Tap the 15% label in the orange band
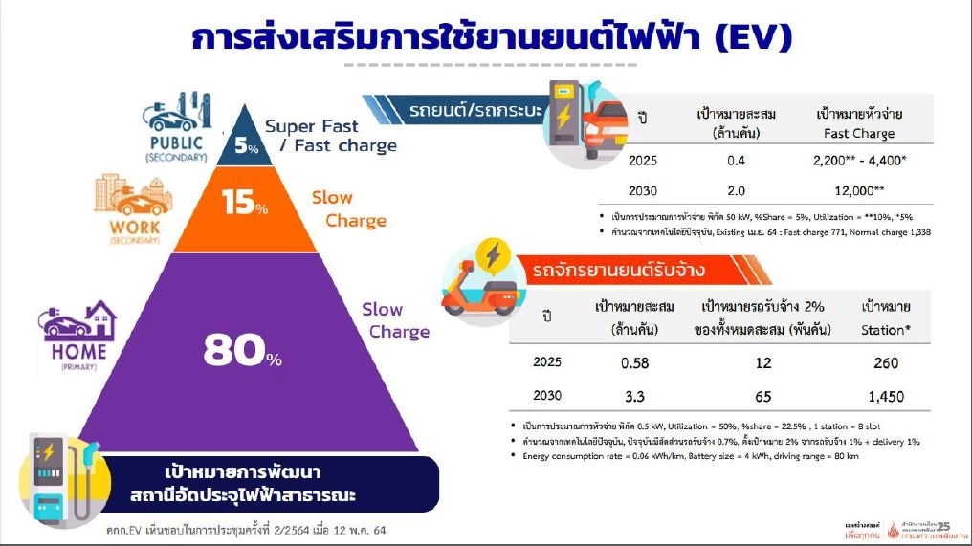[244, 204]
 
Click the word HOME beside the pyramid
[73, 351]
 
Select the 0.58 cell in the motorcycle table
[629, 363]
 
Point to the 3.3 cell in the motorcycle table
[629, 395]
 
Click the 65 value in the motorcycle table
[762, 395]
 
